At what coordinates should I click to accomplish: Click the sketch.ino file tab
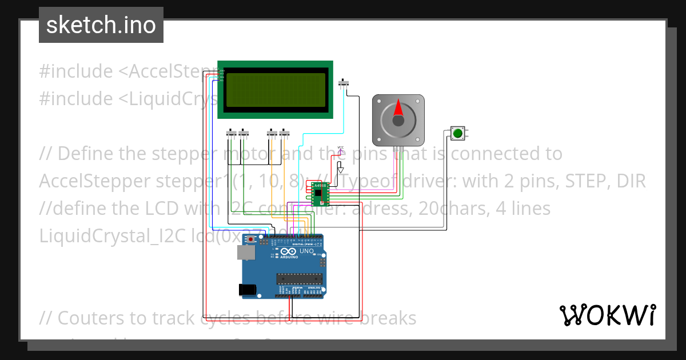(101, 25)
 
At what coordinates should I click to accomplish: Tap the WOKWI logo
(607, 315)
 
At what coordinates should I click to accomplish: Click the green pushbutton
(457, 133)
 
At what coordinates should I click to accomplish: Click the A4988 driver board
(320, 193)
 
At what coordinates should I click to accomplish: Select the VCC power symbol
(341, 150)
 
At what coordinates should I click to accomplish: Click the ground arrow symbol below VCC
(341, 169)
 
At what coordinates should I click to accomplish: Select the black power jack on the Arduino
(248, 290)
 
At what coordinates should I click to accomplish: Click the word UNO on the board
(306, 251)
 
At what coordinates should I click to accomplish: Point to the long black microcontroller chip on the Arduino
(300, 279)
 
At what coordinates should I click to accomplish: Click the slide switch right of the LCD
(344, 83)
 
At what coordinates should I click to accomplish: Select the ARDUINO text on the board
(289, 257)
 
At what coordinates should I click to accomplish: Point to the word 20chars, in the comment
(441, 209)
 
